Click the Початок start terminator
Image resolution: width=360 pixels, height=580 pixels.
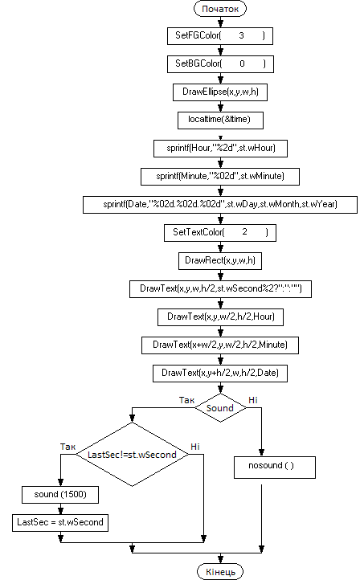point(220,9)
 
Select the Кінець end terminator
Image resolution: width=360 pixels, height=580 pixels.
point(220,571)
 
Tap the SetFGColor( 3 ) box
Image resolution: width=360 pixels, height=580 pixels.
point(220,36)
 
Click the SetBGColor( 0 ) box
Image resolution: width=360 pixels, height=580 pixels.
point(220,64)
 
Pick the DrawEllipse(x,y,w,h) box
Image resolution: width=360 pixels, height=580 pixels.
point(220,92)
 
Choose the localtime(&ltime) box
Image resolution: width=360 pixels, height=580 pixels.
point(220,120)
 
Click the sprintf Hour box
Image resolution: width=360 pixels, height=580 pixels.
point(220,149)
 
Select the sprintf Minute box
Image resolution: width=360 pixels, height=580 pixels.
point(220,177)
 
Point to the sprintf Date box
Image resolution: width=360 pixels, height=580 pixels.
point(220,205)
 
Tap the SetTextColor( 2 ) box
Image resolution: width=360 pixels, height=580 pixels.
point(220,233)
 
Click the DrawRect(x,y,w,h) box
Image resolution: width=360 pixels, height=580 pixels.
point(220,261)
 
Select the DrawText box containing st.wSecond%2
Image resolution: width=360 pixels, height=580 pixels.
point(220,289)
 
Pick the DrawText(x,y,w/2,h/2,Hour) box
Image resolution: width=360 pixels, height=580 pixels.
point(220,317)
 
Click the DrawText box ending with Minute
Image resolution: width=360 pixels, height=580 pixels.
point(220,345)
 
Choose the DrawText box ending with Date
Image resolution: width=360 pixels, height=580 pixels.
point(220,374)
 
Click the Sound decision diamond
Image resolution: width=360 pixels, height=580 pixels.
point(220,408)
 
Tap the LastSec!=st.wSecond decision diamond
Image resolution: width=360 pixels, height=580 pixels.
point(132,454)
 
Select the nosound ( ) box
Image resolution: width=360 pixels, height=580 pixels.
point(275,468)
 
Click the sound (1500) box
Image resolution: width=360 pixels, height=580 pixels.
point(60,495)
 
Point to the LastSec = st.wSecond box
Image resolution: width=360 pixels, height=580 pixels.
point(60,523)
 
